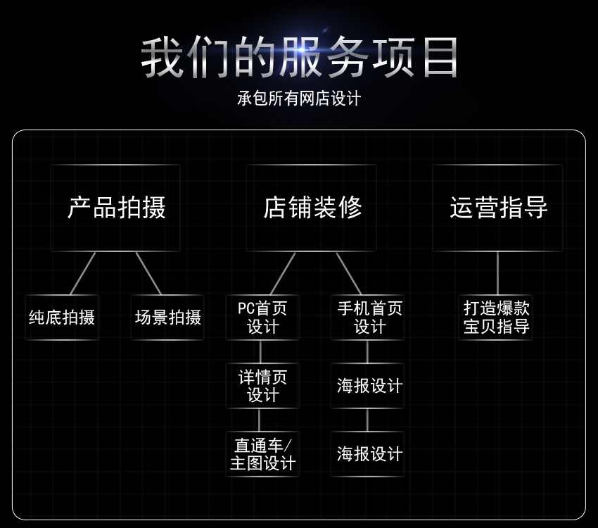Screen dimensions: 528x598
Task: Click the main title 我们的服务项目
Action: (299, 58)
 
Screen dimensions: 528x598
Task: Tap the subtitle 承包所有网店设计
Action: (299, 99)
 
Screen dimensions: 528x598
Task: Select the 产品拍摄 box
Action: (115, 208)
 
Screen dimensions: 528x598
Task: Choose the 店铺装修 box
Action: (312, 208)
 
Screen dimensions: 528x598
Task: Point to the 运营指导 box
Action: (498, 208)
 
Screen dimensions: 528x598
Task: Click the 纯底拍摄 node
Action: (62, 318)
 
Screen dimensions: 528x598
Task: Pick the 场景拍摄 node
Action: (167, 318)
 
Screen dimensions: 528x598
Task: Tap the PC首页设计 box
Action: (262, 318)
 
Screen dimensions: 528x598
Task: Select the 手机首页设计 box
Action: (368, 318)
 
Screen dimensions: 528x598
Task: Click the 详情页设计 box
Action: (262, 386)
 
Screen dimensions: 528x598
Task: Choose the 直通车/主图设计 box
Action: (262, 454)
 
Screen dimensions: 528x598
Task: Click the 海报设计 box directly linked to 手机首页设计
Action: (368, 386)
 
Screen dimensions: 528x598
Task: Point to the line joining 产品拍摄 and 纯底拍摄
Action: (82, 273)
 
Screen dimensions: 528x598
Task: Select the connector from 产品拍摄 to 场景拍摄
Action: (148, 273)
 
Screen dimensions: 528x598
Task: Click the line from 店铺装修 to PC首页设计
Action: (283, 273)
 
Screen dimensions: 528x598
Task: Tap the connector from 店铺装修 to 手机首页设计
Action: (348, 273)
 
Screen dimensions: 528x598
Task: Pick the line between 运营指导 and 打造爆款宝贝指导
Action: (497, 273)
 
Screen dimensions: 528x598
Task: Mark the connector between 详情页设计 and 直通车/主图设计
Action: (260, 420)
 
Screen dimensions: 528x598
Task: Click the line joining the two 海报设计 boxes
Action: (367, 420)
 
